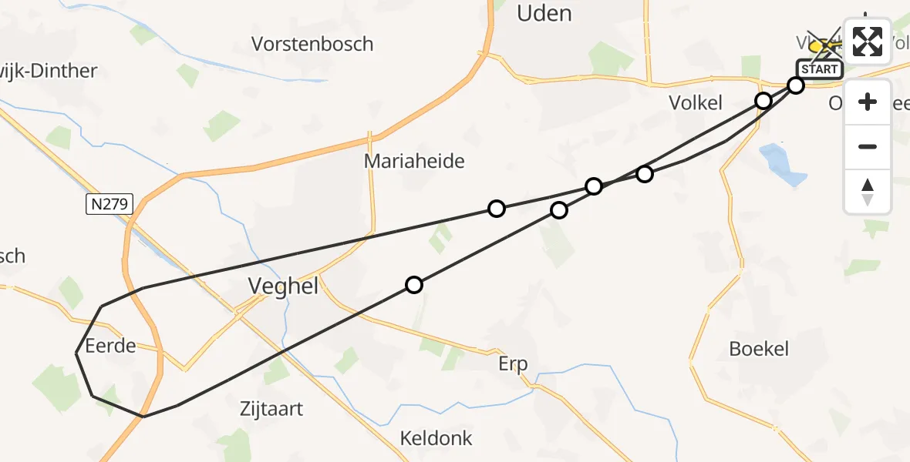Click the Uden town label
[x=544, y=13]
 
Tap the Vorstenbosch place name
[x=312, y=44]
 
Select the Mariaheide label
[x=414, y=161]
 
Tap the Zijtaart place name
[x=271, y=409]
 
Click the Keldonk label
[x=436, y=438]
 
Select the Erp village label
[x=513, y=363]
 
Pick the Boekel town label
[x=759, y=349]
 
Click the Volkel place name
[x=695, y=103]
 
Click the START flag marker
[x=819, y=69]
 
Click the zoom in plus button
[x=868, y=102]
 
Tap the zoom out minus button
[x=868, y=146]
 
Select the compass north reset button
[x=868, y=191]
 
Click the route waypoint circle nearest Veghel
[x=414, y=285]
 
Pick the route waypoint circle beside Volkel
[x=763, y=101]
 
